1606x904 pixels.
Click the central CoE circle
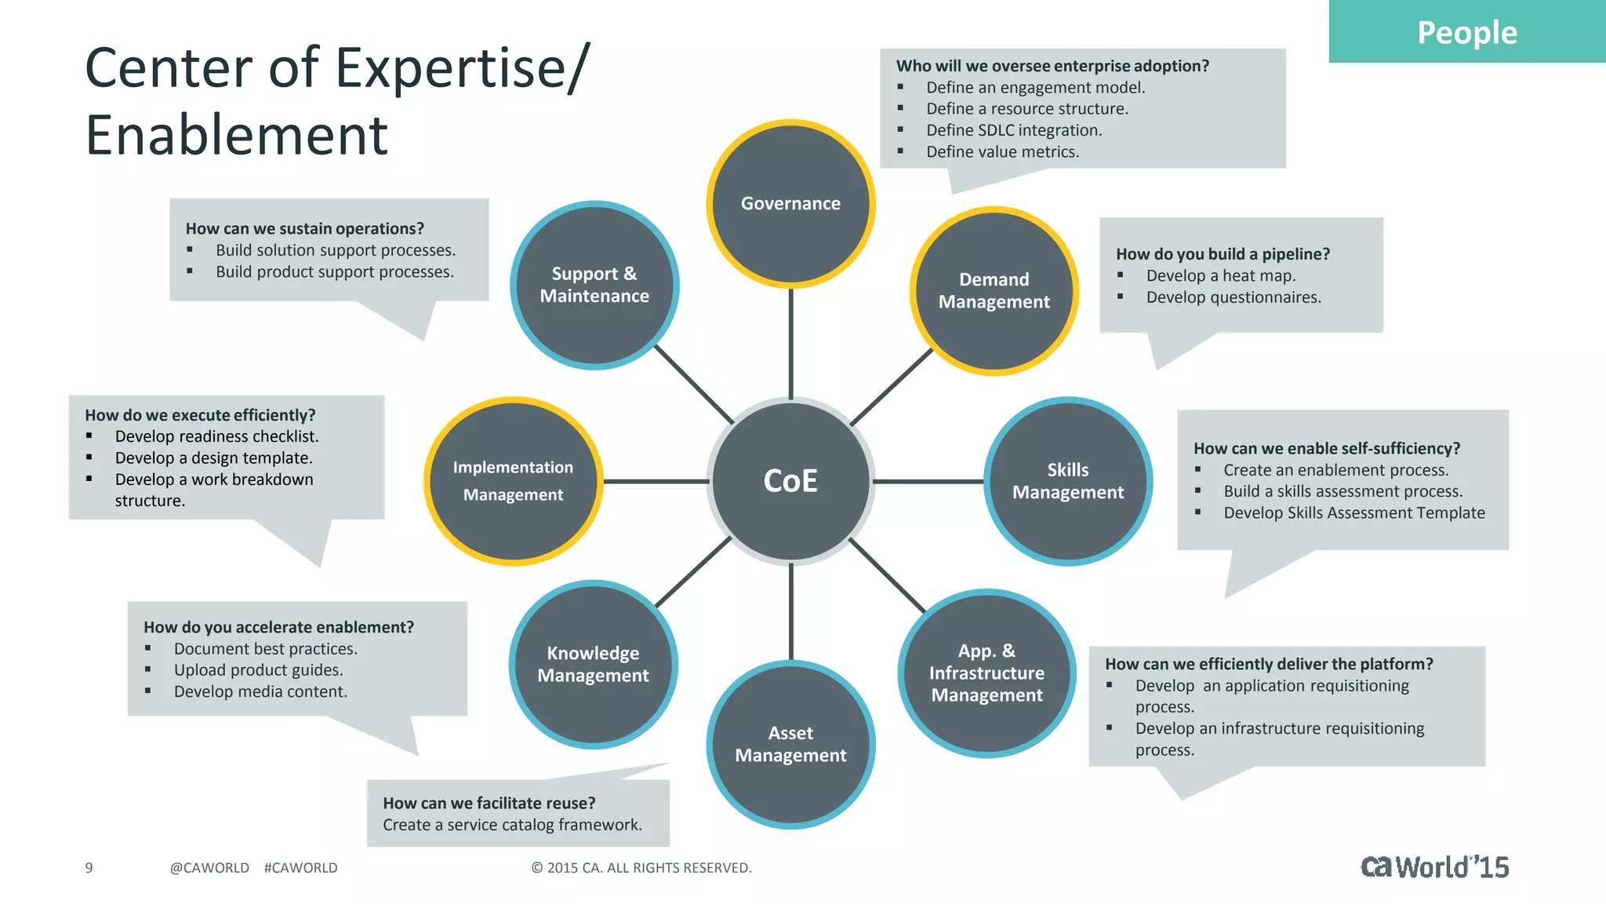coord(790,481)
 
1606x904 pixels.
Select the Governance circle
coord(790,204)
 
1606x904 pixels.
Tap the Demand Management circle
coord(994,291)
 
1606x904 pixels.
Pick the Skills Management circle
coord(1067,481)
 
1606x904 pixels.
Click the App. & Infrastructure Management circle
coord(986,673)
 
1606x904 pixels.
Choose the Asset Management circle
coord(790,744)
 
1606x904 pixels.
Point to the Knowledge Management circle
coord(593,665)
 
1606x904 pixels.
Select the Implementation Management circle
coord(514,481)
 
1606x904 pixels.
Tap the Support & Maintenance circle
coord(594,285)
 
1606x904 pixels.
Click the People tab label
coord(1466,33)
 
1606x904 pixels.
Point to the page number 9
coord(89,868)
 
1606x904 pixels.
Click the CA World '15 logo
coord(1434,867)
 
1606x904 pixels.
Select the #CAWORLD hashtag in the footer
coord(300,868)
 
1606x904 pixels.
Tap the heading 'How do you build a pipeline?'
coord(1223,254)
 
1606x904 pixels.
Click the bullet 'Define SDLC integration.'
coord(1014,130)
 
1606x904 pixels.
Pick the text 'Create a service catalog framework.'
coord(512,825)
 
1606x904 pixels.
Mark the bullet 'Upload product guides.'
coord(258,670)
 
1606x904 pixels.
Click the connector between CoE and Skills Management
coord(928,481)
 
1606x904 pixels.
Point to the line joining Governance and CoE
coord(790,344)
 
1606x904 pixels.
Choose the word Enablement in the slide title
coord(236,135)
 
